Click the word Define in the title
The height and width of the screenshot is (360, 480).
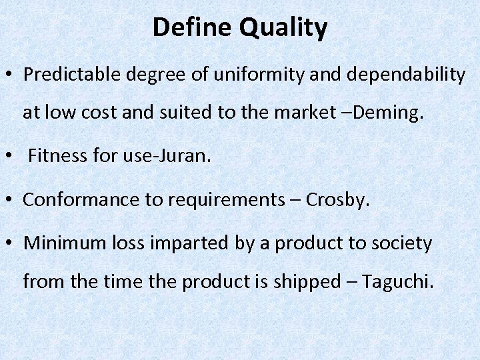[192, 28]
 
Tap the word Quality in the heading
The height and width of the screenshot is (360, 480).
[283, 28]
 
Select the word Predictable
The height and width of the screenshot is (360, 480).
[72, 75]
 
